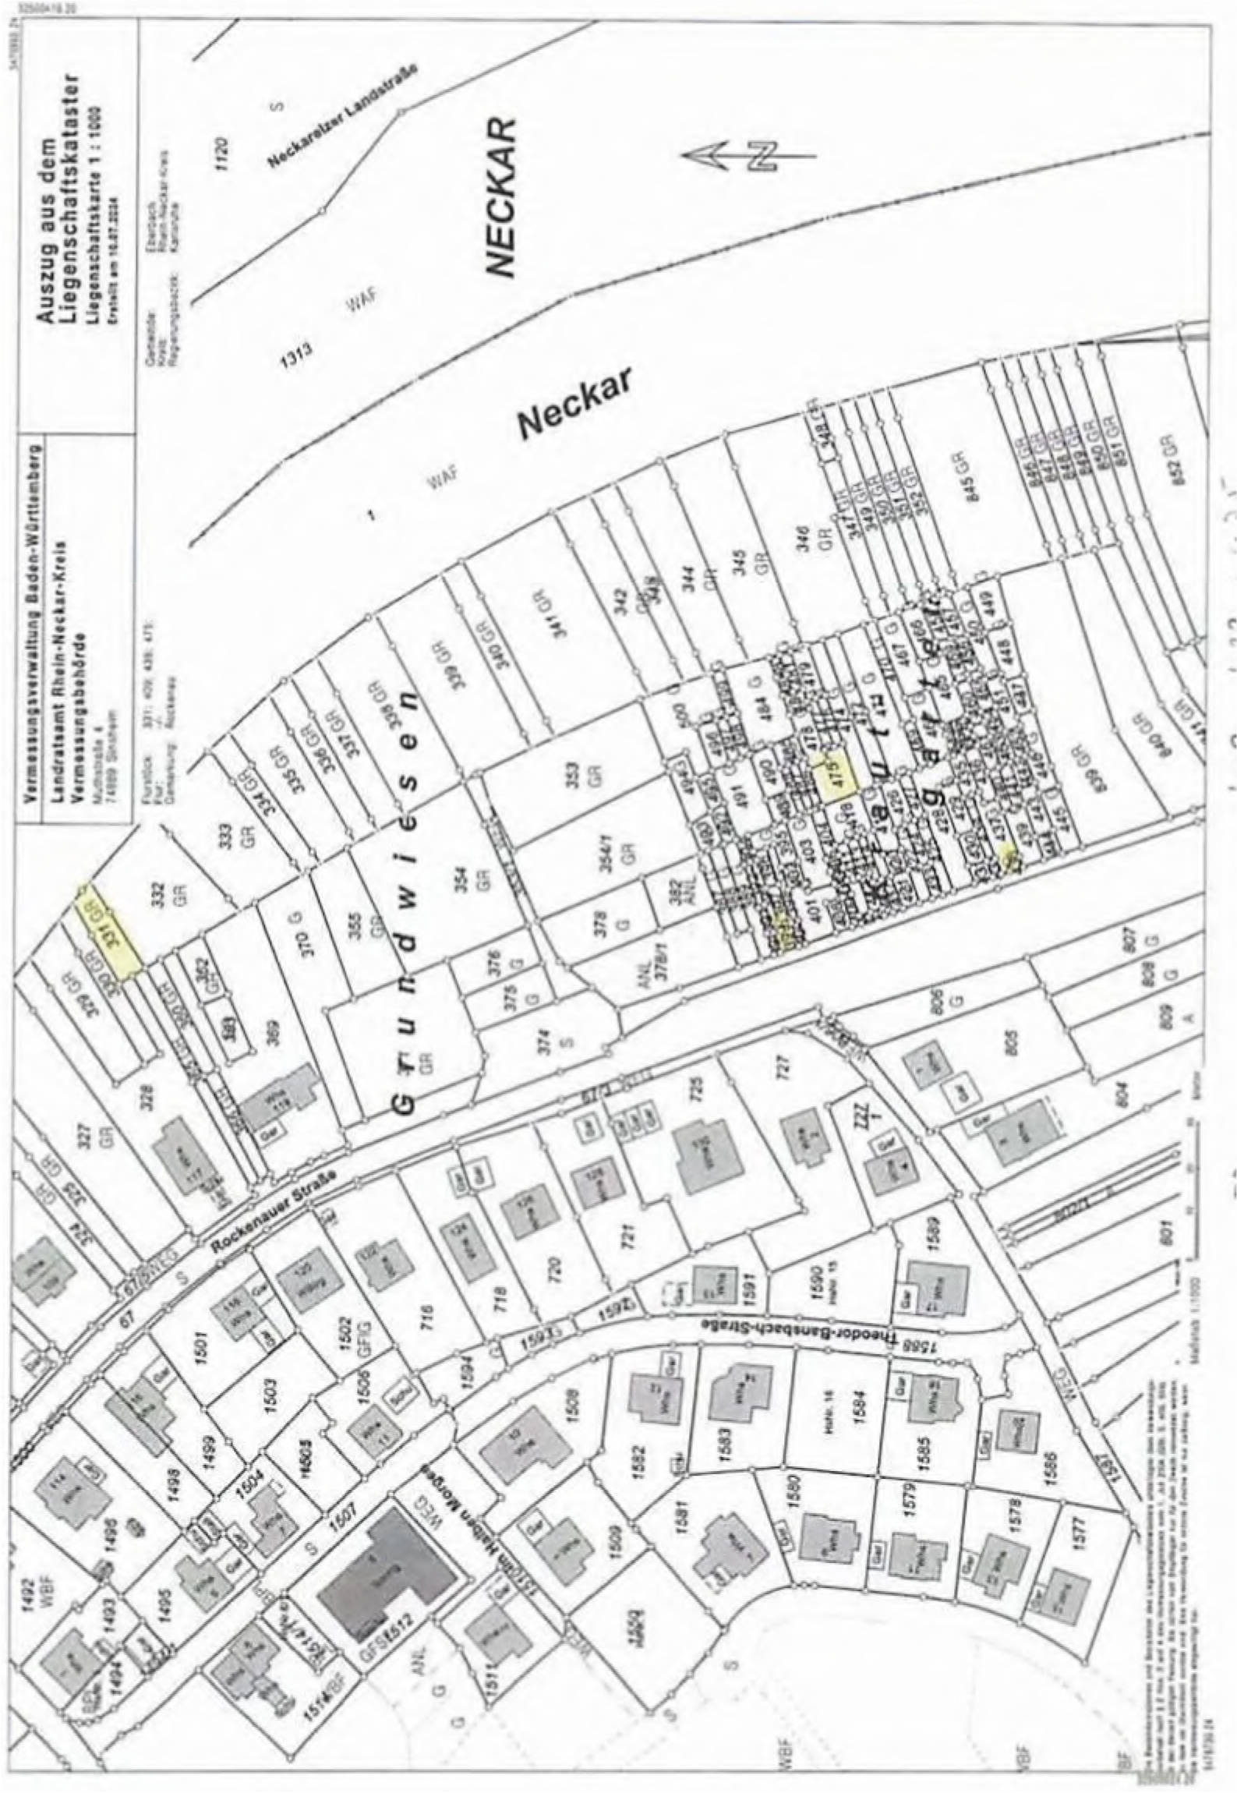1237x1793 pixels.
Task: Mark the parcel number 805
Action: [x=1013, y=1056]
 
